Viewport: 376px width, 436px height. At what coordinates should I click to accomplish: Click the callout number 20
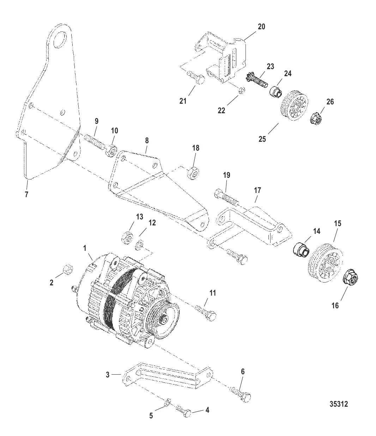point(261,27)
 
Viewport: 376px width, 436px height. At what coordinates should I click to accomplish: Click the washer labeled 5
point(168,401)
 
